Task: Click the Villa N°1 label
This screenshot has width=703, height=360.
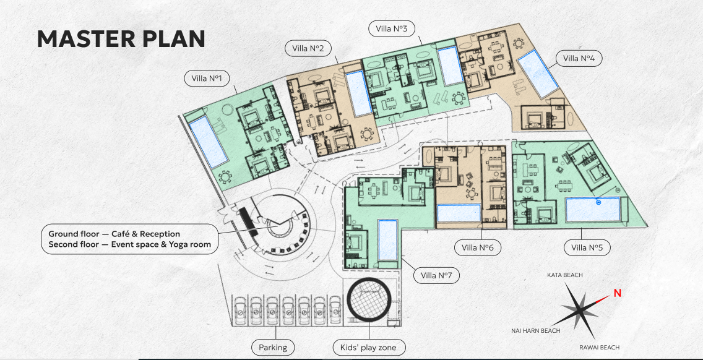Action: (x=207, y=79)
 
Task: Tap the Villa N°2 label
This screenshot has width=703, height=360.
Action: (x=308, y=48)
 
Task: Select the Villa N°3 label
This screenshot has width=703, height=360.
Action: (x=391, y=28)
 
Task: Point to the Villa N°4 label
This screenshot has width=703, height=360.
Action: (x=579, y=58)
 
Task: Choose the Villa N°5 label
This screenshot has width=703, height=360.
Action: (x=587, y=247)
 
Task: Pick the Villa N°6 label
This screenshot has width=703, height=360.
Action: (x=478, y=247)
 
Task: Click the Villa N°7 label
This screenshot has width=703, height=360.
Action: (x=437, y=275)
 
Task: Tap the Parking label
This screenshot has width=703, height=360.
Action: (x=273, y=347)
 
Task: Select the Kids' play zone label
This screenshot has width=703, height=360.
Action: (x=369, y=347)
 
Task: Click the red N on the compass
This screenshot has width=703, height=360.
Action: (x=618, y=293)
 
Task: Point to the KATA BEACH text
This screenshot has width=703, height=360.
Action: (x=565, y=275)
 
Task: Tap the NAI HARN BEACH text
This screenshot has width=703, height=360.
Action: (x=536, y=331)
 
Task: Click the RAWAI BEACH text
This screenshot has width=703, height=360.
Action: (x=600, y=348)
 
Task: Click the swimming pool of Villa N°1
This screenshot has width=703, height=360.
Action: (x=209, y=141)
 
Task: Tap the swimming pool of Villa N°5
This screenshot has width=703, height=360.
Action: (x=593, y=210)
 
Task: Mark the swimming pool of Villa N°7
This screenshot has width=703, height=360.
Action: (x=388, y=240)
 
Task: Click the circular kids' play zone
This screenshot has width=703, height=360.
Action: (x=369, y=300)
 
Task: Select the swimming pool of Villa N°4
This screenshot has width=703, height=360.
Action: (x=538, y=74)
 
